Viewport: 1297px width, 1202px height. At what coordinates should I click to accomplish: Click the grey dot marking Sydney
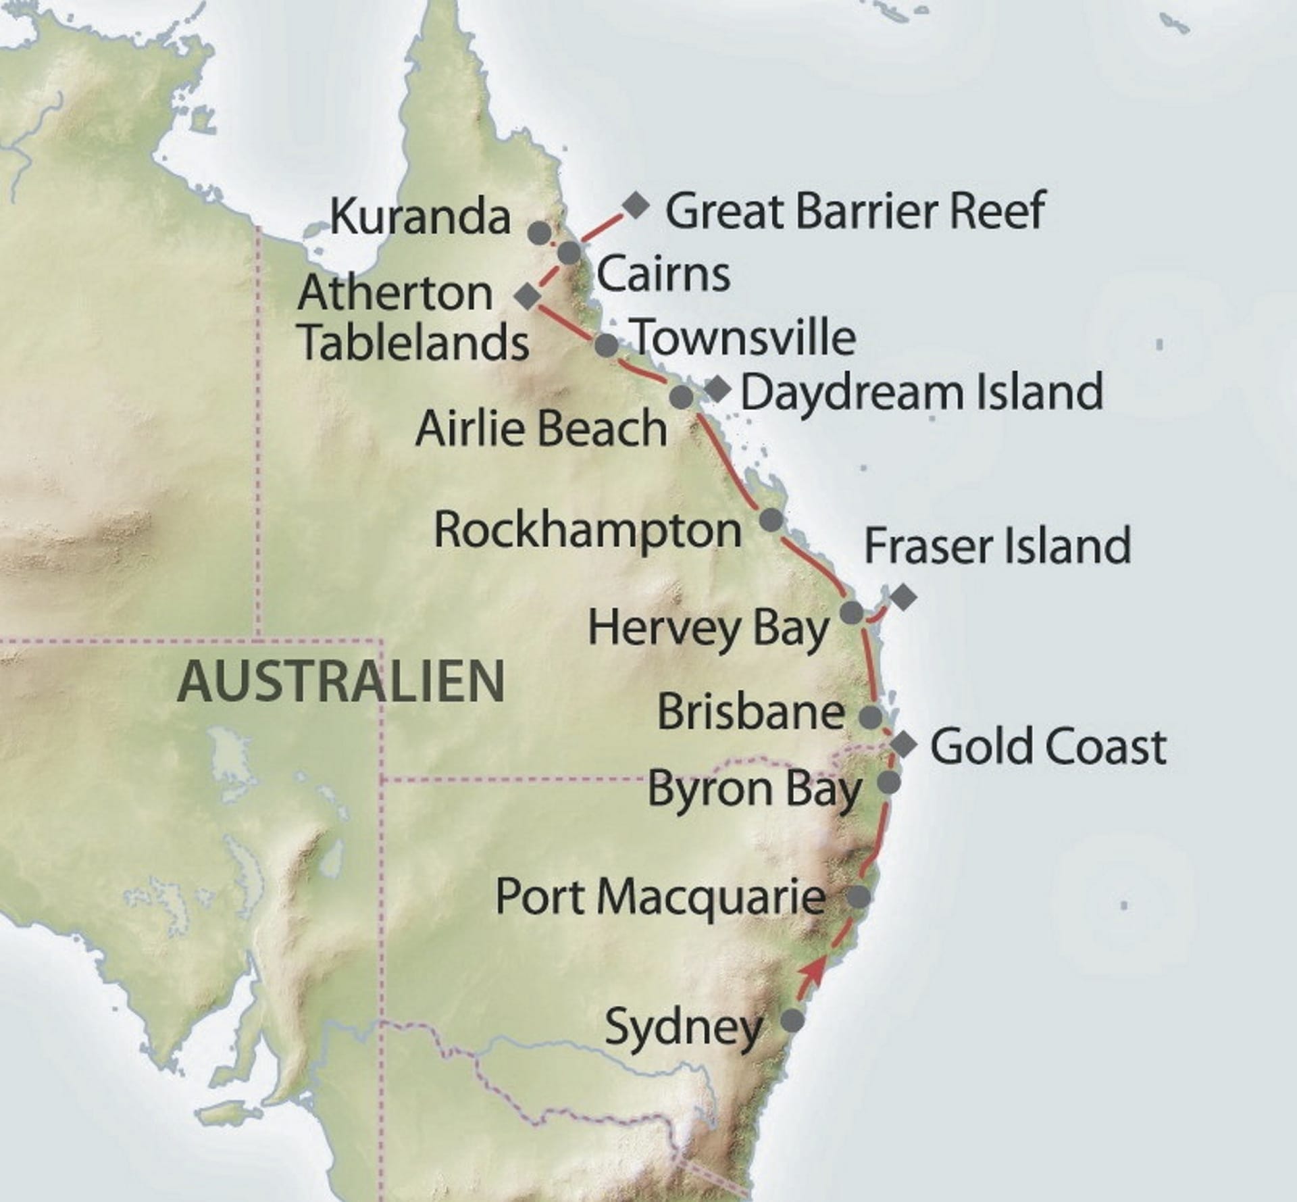(792, 1020)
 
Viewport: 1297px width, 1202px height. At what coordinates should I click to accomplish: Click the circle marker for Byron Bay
(889, 782)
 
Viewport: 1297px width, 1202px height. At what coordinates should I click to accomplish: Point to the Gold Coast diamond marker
(904, 745)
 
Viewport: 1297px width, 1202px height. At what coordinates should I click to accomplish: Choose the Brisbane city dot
(871, 716)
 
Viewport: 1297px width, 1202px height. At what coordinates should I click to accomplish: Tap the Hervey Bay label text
(709, 629)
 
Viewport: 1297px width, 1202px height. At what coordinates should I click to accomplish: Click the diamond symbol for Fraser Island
(903, 597)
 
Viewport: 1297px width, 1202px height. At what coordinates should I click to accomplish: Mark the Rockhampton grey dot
(771, 520)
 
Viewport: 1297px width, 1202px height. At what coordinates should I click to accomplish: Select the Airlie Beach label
(541, 429)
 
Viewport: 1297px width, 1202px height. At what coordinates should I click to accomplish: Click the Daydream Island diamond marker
(717, 388)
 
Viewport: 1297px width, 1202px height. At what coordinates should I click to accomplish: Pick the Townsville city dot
(607, 345)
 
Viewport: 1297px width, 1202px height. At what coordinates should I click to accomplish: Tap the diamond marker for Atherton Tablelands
(528, 296)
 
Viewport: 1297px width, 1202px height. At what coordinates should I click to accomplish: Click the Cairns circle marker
(569, 253)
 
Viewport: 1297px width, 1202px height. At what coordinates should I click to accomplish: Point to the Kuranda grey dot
(538, 232)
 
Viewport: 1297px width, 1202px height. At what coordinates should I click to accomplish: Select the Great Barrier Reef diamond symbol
(636, 204)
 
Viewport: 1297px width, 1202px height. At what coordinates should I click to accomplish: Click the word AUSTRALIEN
(340, 681)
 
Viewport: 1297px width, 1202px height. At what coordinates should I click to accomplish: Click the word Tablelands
(414, 342)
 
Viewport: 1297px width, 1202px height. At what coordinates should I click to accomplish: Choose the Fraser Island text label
(998, 546)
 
